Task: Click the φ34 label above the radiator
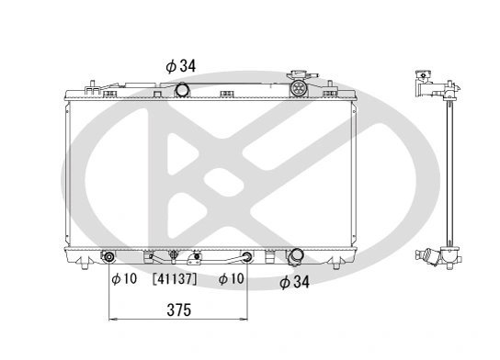click(x=180, y=66)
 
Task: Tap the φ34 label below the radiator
click(x=294, y=282)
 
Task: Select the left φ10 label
click(x=124, y=279)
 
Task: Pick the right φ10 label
click(x=232, y=279)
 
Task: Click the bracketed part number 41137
click(x=175, y=279)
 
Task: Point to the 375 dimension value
click(x=179, y=309)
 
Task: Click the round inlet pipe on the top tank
click(x=182, y=89)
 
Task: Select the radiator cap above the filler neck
click(x=301, y=75)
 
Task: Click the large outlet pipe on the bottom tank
click(x=295, y=256)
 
